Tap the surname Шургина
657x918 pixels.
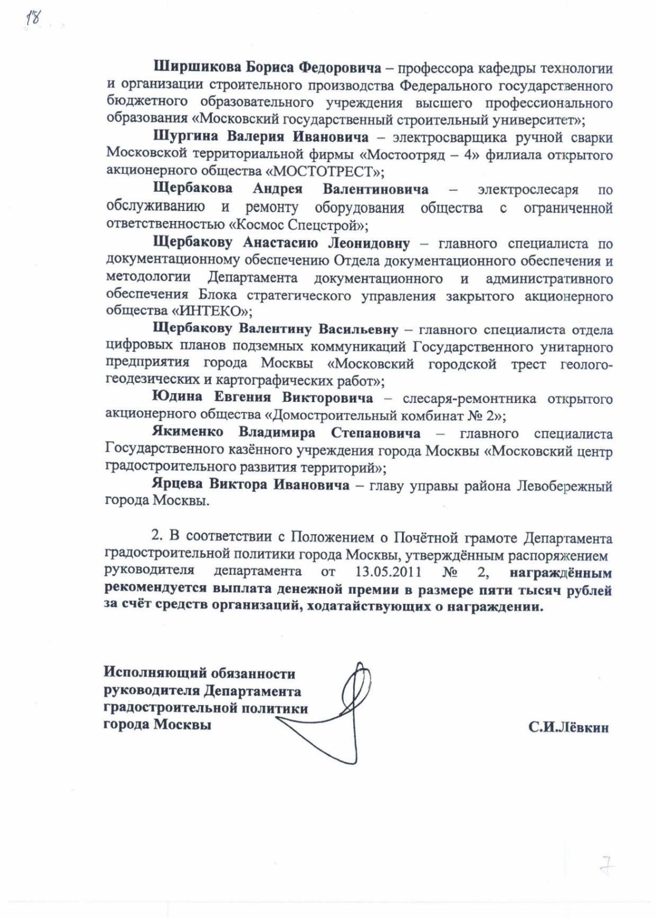[x=185, y=137]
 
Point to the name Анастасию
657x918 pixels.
[x=280, y=243]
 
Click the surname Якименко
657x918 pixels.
[x=188, y=433]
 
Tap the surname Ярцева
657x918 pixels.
[x=177, y=484]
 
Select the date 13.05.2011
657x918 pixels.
[x=388, y=572]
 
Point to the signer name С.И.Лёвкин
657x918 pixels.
[x=568, y=727]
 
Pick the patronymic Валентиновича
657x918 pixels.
[x=376, y=189]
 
